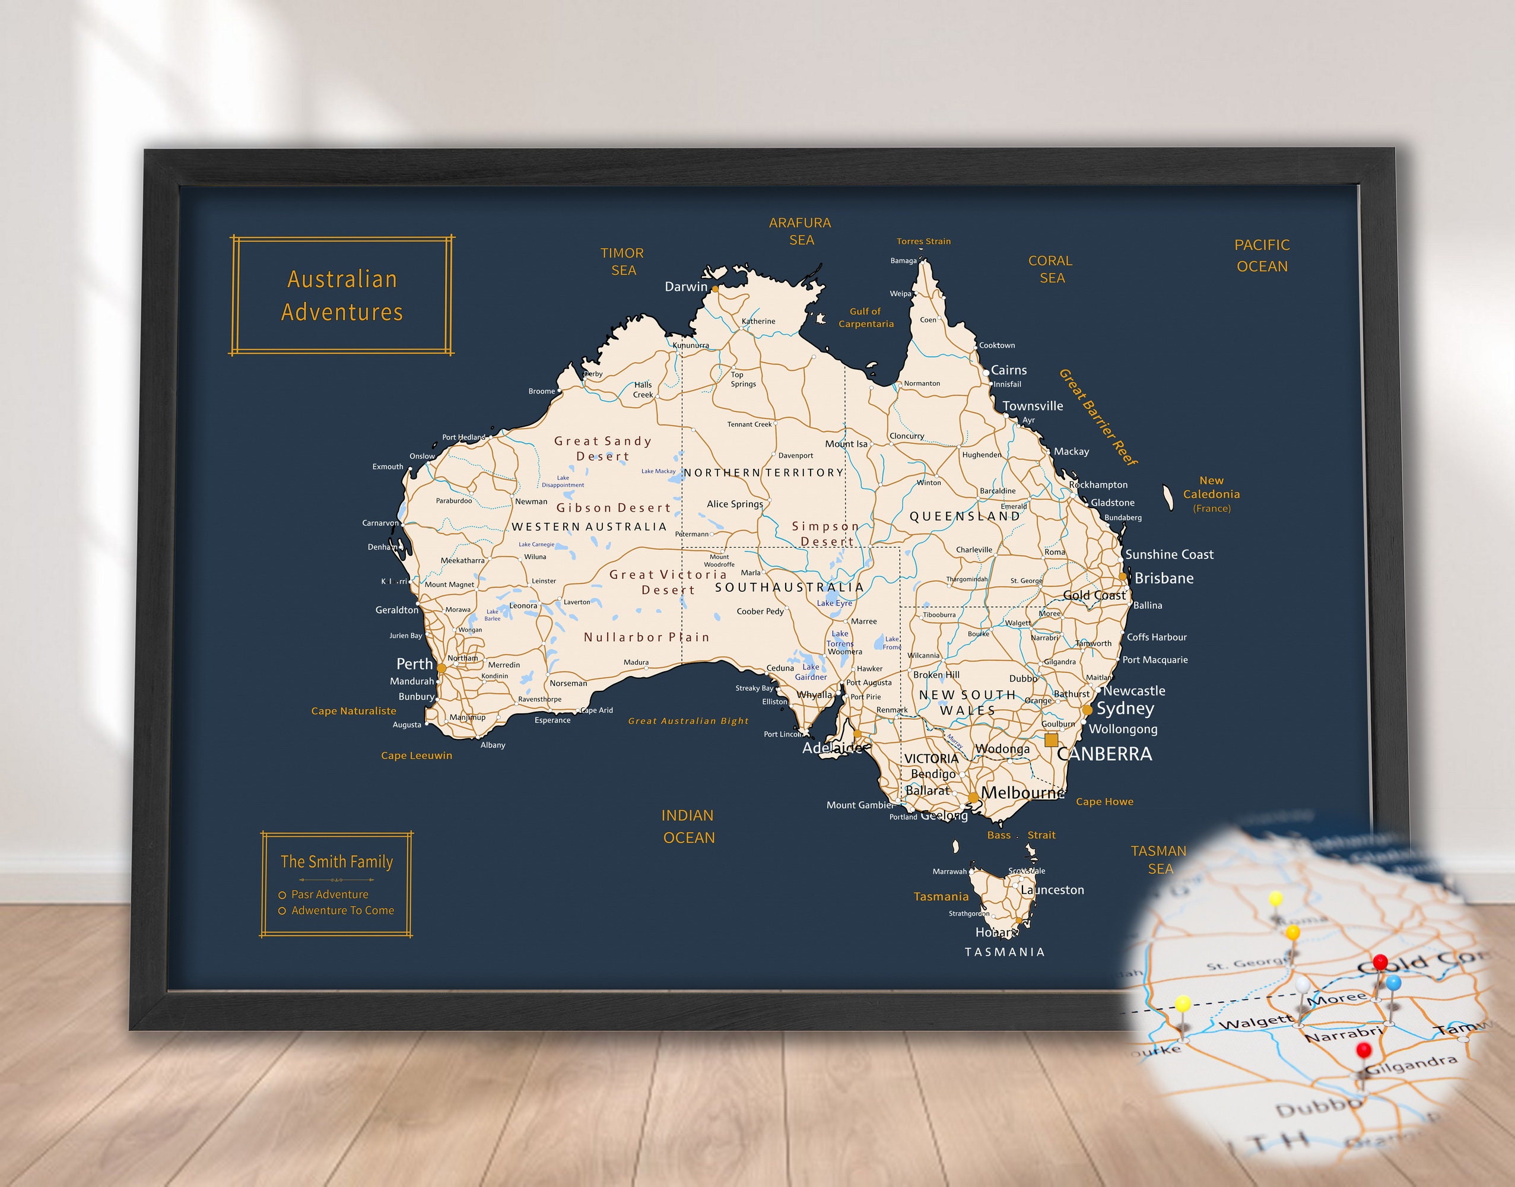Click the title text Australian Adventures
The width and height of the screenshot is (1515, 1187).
pyautogui.click(x=342, y=296)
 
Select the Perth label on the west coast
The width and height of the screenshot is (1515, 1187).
pyautogui.click(x=414, y=664)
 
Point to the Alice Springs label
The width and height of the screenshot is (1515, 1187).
pyautogui.click(x=735, y=504)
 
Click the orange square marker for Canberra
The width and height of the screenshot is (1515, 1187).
pyautogui.click(x=1051, y=740)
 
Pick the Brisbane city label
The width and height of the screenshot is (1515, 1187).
pyautogui.click(x=1164, y=578)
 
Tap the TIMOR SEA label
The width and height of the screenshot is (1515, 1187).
pyautogui.click(x=622, y=261)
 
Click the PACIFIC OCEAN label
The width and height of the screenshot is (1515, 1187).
pyautogui.click(x=1262, y=255)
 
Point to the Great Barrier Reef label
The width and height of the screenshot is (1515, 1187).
pyautogui.click(x=1097, y=417)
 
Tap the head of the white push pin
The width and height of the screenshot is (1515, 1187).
pyautogui.click(x=1301, y=985)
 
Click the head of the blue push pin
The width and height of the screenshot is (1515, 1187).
pyautogui.click(x=1393, y=983)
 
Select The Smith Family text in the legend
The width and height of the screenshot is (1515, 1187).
pyautogui.click(x=336, y=862)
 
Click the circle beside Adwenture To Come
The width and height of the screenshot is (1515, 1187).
pyautogui.click(x=282, y=911)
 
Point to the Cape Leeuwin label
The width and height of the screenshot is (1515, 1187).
pyautogui.click(x=416, y=756)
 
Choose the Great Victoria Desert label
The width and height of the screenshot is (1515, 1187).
pyautogui.click(x=668, y=582)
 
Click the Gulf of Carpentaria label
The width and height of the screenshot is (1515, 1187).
pyautogui.click(x=865, y=318)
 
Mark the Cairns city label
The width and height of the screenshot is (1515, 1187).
pyautogui.click(x=1008, y=370)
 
